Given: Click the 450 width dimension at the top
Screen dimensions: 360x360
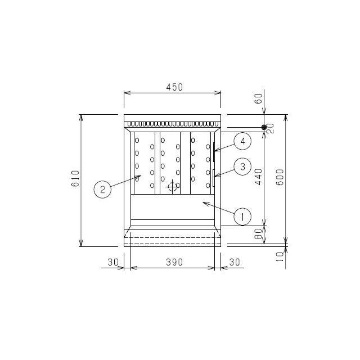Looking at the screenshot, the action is click(174, 87).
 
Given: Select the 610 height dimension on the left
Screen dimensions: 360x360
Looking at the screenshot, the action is click(76, 179).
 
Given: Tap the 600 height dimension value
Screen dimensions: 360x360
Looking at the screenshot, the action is click(280, 177).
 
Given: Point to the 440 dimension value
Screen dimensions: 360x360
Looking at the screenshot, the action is click(259, 177).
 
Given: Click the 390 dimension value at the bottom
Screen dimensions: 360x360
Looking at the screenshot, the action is click(174, 262).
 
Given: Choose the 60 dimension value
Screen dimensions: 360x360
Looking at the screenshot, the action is click(259, 98).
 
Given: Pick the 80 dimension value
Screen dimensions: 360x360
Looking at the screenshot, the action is click(259, 234).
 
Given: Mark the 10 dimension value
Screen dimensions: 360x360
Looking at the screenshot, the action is click(280, 256).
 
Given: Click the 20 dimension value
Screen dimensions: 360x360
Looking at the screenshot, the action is click(271, 129).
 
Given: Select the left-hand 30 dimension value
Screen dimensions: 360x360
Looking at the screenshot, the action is click(112, 262).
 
